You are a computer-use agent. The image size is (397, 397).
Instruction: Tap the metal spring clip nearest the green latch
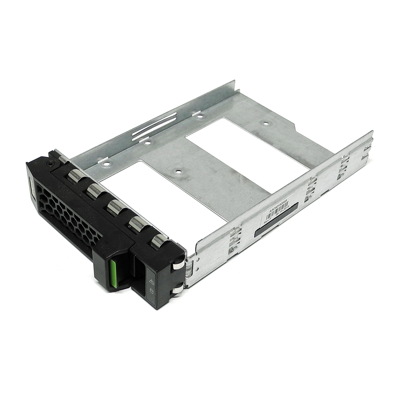coord(158,240)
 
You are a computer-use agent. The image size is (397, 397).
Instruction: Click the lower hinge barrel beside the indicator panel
coord(177,291)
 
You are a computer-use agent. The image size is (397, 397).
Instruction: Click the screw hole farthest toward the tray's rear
coord(265,123)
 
